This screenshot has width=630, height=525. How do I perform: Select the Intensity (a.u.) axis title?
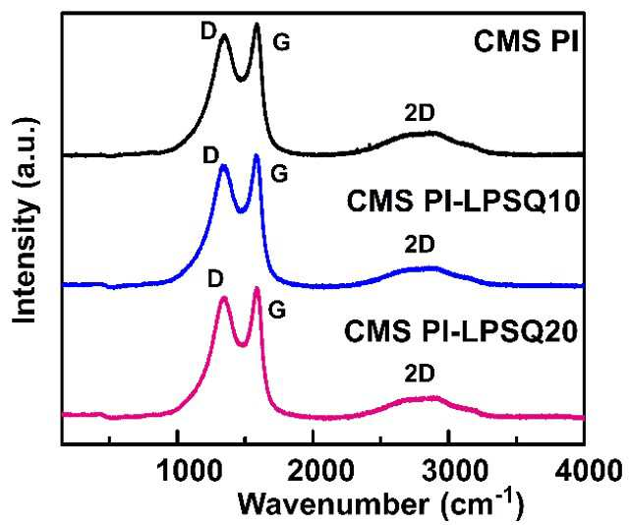(x=25, y=220)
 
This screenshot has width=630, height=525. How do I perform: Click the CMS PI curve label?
(x=526, y=41)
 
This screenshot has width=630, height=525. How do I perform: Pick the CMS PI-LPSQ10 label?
(x=463, y=201)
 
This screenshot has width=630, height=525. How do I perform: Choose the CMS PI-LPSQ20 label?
(x=461, y=331)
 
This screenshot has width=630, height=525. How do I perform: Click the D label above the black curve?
(x=209, y=30)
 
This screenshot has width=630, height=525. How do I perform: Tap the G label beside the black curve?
(x=281, y=42)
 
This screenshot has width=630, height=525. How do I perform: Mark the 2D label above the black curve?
(x=420, y=113)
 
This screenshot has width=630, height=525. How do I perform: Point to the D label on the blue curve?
(x=211, y=155)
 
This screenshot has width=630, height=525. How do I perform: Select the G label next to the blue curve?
(x=279, y=174)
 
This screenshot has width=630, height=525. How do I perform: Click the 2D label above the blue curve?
(x=420, y=244)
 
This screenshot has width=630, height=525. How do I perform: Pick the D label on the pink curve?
(x=215, y=278)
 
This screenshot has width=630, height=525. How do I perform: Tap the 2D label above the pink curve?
(x=420, y=374)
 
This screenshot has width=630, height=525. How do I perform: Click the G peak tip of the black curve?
(x=257, y=25)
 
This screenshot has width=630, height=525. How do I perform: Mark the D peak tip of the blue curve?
(x=223, y=166)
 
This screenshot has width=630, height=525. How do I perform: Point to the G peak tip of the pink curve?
(x=257, y=288)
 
